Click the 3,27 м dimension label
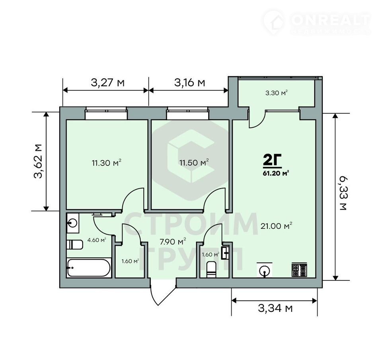tap(107, 83)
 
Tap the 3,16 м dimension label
tap(189, 83)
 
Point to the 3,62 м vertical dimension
tap(38, 161)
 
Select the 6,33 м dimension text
tap(343, 194)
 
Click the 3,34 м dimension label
tap(275, 308)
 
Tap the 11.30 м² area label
tap(107, 162)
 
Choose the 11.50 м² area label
tap(194, 162)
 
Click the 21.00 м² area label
tap(276, 226)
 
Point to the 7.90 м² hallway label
tap(173, 241)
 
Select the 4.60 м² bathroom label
tap(97, 240)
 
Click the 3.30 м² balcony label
tap(277, 93)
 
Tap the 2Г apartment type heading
tap(272, 160)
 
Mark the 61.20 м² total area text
tap(276, 173)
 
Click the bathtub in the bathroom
tap(88, 268)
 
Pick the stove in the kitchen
tap(299, 270)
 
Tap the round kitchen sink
tap(264, 270)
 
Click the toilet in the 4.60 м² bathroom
tap(75, 245)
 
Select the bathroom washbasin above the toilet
tap(73, 223)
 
